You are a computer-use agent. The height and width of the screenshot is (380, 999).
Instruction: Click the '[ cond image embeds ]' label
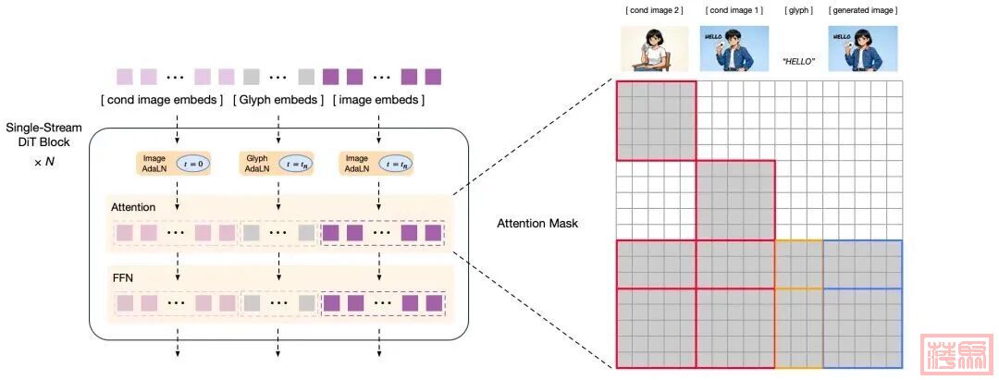click(163, 100)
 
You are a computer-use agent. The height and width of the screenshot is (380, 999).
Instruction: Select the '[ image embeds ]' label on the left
click(378, 100)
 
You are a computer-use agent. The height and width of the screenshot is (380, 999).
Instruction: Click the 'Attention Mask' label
click(537, 223)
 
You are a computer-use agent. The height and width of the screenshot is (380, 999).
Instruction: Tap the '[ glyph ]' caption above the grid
click(798, 10)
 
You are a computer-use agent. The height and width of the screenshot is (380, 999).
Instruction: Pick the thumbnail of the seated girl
click(653, 48)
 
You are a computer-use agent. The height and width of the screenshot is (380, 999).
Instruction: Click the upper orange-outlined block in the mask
click(798, 264)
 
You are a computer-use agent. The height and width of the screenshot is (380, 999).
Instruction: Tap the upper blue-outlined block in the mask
click(862, 264)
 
